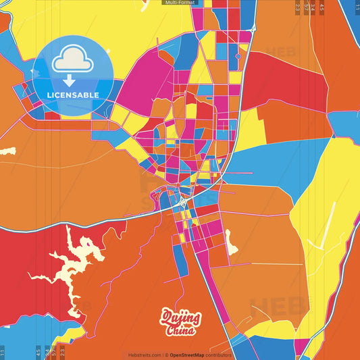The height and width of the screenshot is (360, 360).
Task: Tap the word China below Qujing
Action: pyautogui.click(x=180, y=330)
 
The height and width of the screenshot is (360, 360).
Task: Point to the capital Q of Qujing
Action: pyautogui.click(x=166, y=316)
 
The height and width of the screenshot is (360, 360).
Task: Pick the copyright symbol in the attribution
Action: pyautogui.click(x=165, y=355)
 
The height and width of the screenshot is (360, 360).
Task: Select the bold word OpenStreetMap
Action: pyautogui.click(x=188, y=355)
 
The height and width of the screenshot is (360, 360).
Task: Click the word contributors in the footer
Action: pyautogui.click(x=219, y=355)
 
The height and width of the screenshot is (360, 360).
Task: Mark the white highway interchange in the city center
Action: pyautogui.click(x=182, y=201)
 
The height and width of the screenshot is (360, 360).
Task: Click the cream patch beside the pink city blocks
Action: pyautogui.click(x=232, y=242)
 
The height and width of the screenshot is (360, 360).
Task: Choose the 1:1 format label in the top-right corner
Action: pyautogui.click(x=357, y=8)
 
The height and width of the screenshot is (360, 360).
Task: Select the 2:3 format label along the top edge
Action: pyautogui.click(x=298, y=8)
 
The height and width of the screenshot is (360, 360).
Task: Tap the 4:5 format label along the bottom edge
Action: pyautogui.click(x=38, y=351)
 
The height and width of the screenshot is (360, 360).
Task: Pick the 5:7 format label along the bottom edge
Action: pyautogui.click(x=54, y=351)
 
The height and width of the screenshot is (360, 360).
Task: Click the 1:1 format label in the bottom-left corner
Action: pyautogui.click(x=3, y=351)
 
